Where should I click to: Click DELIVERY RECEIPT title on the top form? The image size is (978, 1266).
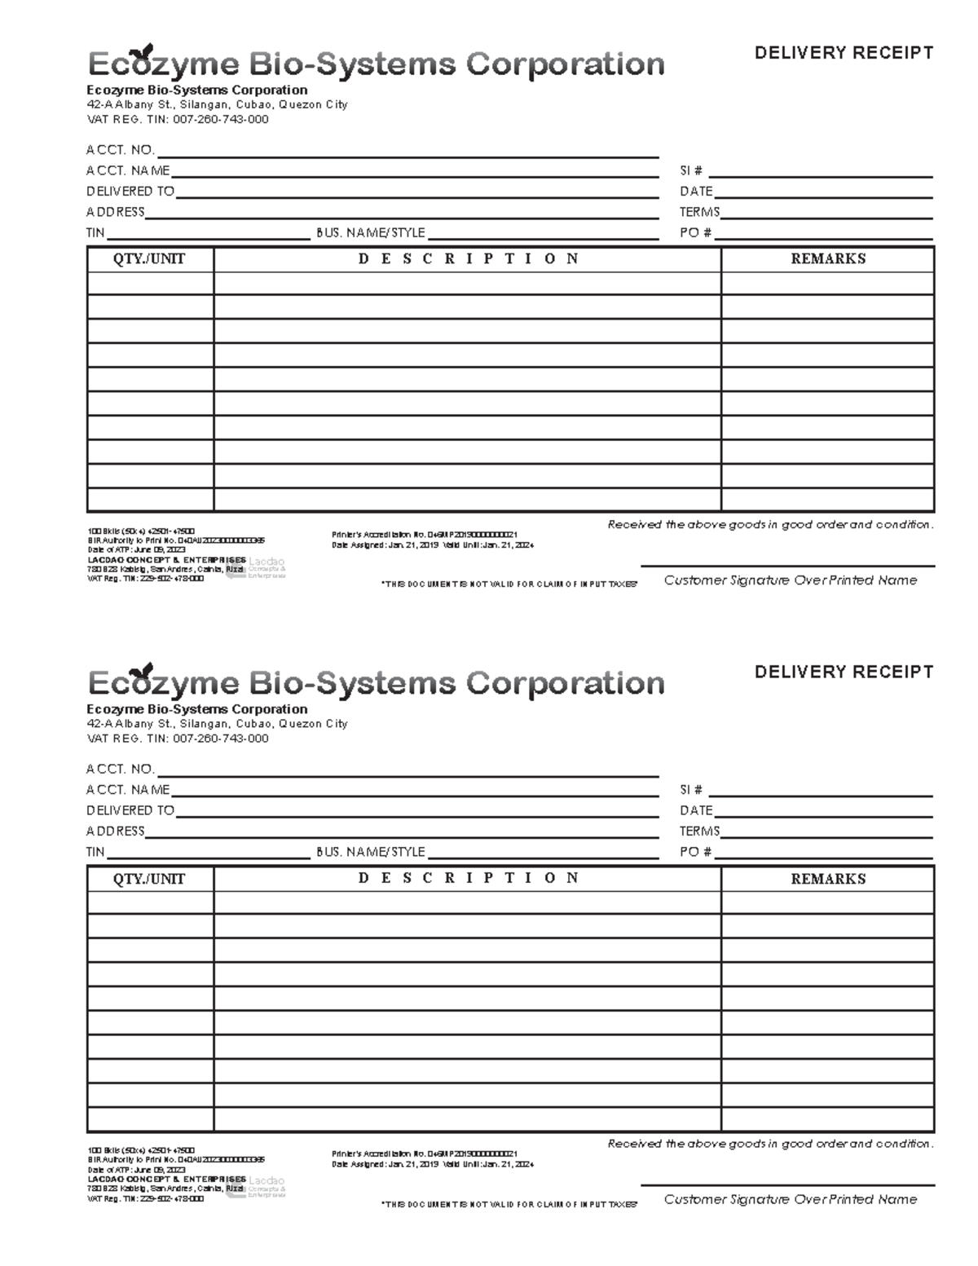click(x=844, y=53)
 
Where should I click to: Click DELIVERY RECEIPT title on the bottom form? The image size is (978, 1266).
click(x=844, y=672)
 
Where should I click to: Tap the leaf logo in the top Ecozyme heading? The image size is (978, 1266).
click(x=146, y=52)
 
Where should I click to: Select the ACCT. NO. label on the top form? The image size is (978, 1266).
click(x=120, y=150)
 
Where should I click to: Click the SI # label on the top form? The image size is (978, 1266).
click(x=691, y=171)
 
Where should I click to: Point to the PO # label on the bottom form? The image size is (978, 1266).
click(x=695, y=852)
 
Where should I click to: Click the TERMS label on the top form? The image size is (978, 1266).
click(x=699, y=212)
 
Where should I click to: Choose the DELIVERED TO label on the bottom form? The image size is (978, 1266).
click(x=130, y=810)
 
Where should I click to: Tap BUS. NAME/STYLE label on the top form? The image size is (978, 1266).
click(x=371, y=233)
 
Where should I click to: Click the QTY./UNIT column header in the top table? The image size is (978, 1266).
click(x=149, y=259)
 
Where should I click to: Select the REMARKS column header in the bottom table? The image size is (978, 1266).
click(x=827, y=879)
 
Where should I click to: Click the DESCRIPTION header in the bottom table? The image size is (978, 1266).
click(x=468, y=878)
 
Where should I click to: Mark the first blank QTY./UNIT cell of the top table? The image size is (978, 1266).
click(x=150, y=283)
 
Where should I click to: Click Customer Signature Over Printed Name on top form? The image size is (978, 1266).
click(x=790, y=580)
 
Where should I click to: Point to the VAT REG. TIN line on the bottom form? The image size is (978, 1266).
click(x=177, y=739)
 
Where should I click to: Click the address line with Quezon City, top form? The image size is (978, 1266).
click(x=217, y=104)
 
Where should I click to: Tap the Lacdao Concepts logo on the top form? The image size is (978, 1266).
click(x=259, y=567)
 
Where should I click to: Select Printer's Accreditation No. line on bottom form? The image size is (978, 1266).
click(x=424, y=1154)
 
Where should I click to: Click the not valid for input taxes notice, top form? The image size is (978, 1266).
click(x=509, y=584)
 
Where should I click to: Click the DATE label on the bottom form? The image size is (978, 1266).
click(x=696, y=810)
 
